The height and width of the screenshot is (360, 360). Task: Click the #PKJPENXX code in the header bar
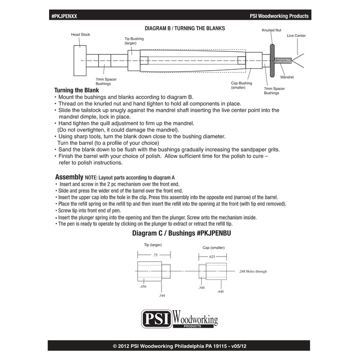tap(65, 16)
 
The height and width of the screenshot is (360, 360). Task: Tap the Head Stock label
tap(81, 34)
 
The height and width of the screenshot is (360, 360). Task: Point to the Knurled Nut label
tap(271, 31)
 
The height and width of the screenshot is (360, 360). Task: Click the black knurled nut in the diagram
tap(272, 60)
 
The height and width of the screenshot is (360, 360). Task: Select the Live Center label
tap(296, 35)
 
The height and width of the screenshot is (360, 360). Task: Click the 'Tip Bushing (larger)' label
tap(134, 41)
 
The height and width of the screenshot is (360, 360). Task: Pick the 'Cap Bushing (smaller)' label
tap(241, 85)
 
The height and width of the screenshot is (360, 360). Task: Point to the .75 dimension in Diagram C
tap(155, 255)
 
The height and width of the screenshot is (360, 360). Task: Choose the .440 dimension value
tap(220, 292)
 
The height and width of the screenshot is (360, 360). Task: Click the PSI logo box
tap(156, 319)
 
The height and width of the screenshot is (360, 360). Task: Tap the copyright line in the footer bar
tap(180, 346)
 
